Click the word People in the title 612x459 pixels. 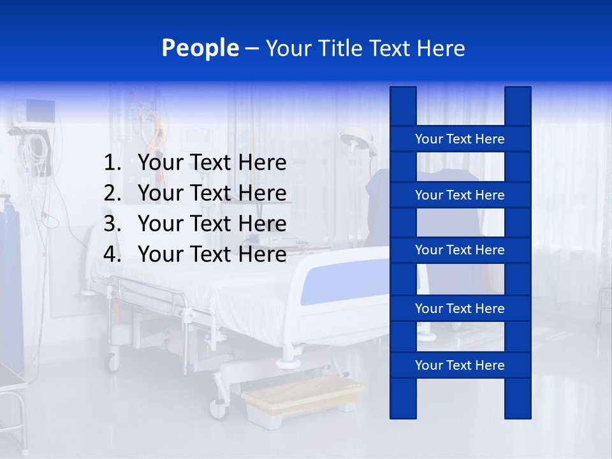point(200,48)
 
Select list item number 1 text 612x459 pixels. point(212,163)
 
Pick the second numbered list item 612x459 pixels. point(212,193)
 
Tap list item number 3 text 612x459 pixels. point(212,224)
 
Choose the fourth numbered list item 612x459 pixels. point(212,254)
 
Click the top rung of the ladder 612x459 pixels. point(460,139)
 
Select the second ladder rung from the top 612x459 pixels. point(460,195)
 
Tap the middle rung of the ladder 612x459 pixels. point(460,250)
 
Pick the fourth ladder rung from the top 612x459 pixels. point(460,309)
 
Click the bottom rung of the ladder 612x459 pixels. point(460,365)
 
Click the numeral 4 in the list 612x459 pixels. point(111,254)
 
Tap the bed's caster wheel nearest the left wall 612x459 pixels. point(112,362)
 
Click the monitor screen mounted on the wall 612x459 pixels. point(40,112)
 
